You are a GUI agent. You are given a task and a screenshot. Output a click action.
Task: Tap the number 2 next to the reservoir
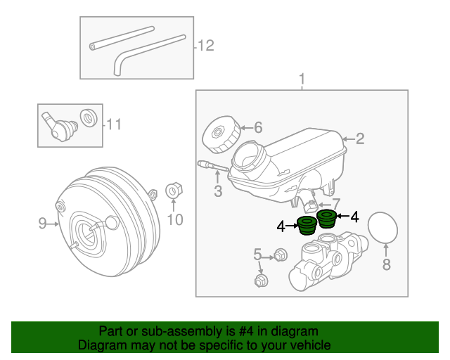tap(359, 139)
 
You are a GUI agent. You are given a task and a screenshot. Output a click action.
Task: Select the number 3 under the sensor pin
tap(218, 191)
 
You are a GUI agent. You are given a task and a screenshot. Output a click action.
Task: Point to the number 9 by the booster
tap(42, 224)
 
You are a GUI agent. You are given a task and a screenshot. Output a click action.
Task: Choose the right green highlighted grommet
tap(326, 219)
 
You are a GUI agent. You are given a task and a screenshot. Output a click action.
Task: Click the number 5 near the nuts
tap(257, 254)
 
